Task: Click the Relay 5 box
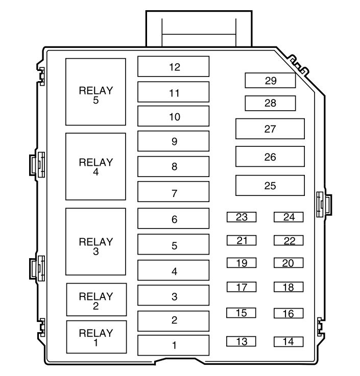click(95, 92)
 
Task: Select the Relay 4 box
click(95, 166)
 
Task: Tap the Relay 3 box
click(95, 241)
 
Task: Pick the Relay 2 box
click(95, 299)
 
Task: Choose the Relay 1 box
click(95, 337)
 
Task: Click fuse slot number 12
click(174, 67)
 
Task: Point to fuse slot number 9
click(174, 141)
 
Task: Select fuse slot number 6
click(174, 219)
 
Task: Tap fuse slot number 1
click(174, 345)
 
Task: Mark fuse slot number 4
click(174, 271)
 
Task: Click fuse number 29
click(270, 81)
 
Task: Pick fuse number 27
click(270, 129)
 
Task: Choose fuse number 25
click(270, 186)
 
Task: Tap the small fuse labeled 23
click(242, 217)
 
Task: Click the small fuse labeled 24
click(289, 217)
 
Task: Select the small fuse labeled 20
click(289, 263)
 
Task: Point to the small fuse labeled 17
click(242, 287)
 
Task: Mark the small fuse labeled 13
click(242, 341)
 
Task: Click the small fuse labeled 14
click(289, 341)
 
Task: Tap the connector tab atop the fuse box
click(199, 28)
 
